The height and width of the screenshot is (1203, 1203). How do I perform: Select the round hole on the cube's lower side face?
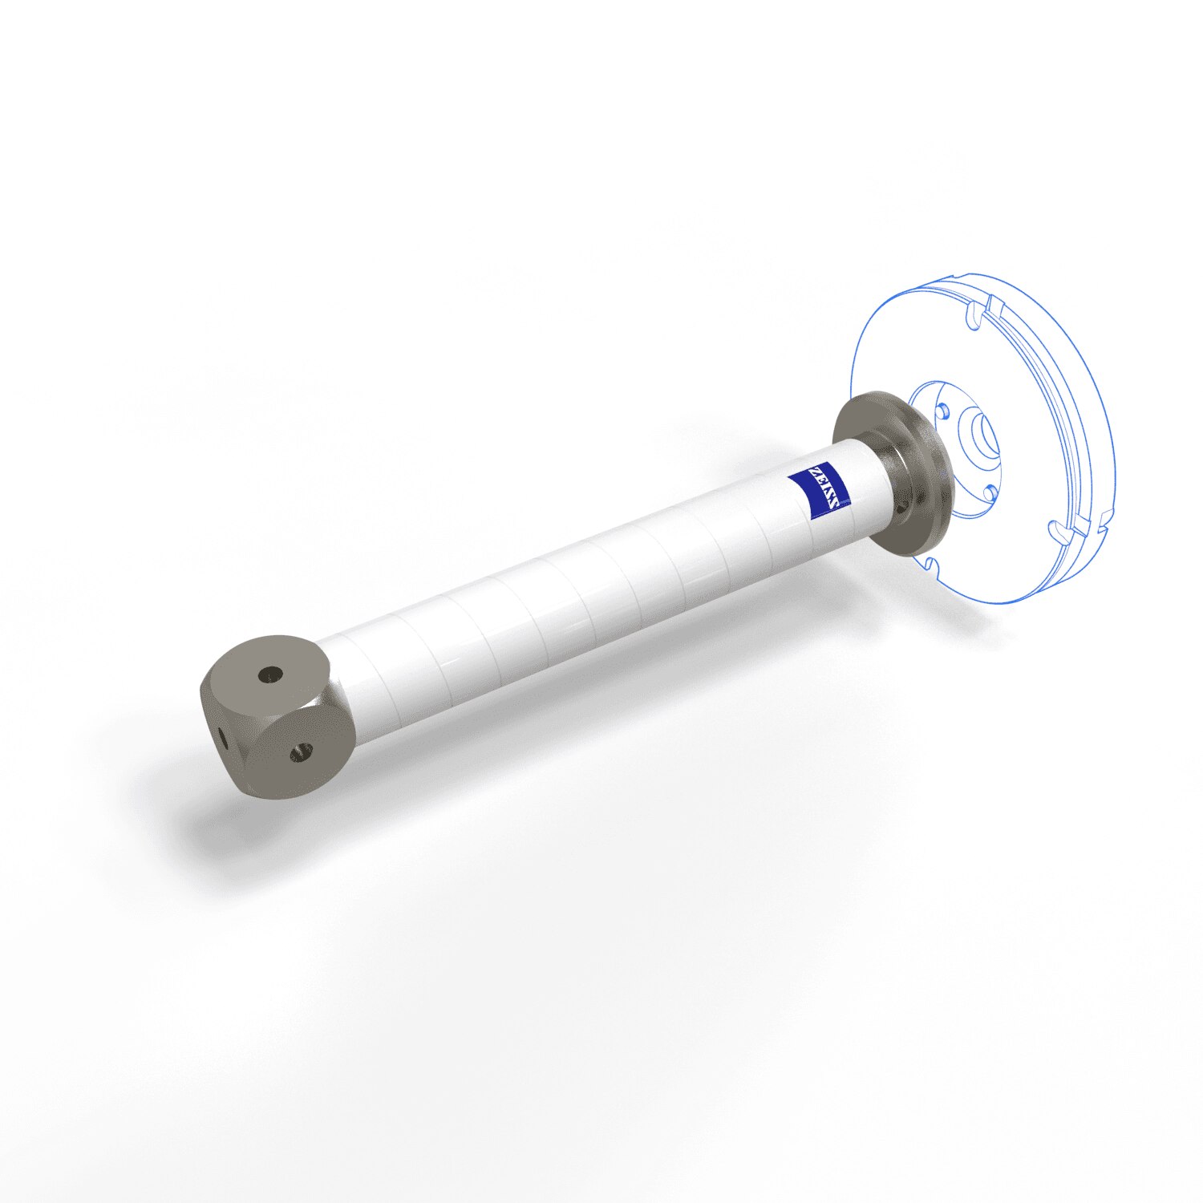[x=302, y=751]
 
